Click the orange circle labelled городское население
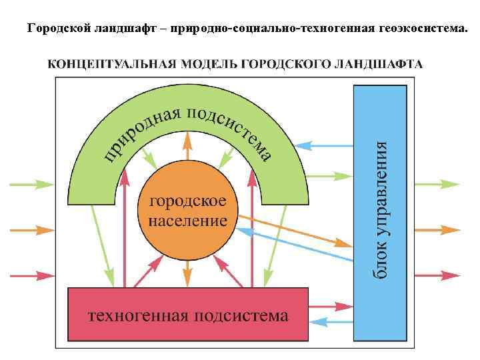coord(187,210)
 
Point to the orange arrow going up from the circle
coord(187,143)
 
